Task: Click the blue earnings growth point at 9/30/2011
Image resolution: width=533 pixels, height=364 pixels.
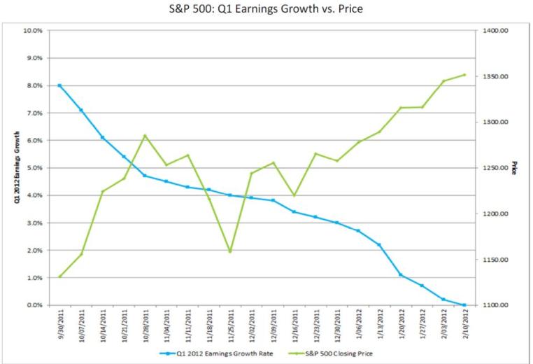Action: tap(59, 85)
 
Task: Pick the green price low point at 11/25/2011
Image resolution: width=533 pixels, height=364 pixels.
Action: tap(230, 252)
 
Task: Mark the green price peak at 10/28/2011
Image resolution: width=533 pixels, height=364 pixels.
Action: tap(145, 136)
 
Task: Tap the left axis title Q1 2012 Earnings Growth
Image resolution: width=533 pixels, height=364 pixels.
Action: tap(15, 168)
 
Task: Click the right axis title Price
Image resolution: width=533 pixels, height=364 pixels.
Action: tap(514, 168)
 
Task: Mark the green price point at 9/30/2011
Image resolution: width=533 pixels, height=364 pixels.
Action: tap(59, 276)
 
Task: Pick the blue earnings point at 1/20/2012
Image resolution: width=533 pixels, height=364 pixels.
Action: tap(401, 275)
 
